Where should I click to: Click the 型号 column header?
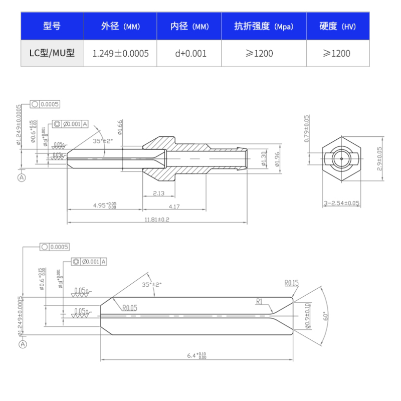(52, 27)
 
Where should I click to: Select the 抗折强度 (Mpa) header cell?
(264, 27)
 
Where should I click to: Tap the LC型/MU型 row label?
(52, 53)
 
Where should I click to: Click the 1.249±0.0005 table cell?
(120, 53)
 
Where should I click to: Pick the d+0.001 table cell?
(190, 53)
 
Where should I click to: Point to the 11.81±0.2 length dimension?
(157, 220)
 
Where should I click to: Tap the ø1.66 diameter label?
(120, 127)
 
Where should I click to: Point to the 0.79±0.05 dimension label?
(307, 128)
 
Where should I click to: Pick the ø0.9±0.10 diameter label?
(307, 316)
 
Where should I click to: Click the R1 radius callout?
(259, 302)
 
